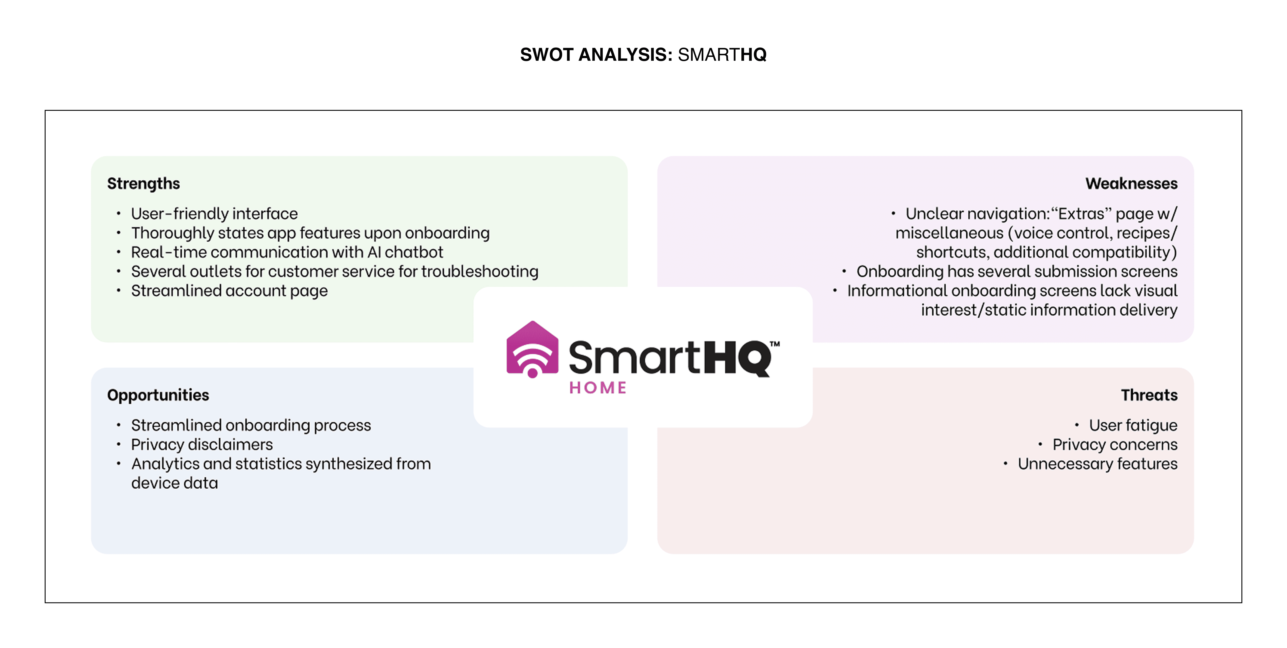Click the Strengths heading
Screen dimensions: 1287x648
pos(143,184)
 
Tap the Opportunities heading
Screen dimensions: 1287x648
pos(158,395)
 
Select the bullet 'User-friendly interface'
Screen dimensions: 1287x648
pos(214,214)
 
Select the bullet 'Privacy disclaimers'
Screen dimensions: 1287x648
pos(202,445)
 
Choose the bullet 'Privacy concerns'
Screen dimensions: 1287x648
pos(1115,445)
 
